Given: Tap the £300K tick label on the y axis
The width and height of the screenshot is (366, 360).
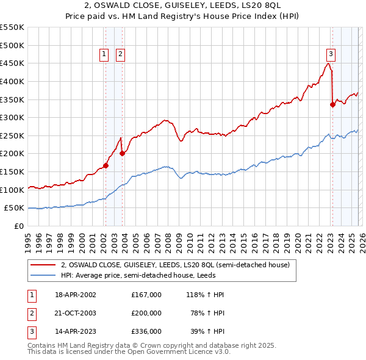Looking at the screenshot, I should [12, 117].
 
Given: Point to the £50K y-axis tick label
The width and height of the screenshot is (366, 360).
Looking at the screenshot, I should [14, 208].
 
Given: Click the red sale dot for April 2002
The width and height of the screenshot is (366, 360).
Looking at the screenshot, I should [106, 165].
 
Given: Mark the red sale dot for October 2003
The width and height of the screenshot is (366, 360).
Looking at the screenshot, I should [122, 153].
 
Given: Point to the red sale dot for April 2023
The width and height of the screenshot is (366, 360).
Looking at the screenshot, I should [332, 104].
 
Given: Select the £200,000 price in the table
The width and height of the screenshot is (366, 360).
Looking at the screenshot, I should [146, 313].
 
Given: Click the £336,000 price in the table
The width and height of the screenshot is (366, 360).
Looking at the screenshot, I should [146, 331].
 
